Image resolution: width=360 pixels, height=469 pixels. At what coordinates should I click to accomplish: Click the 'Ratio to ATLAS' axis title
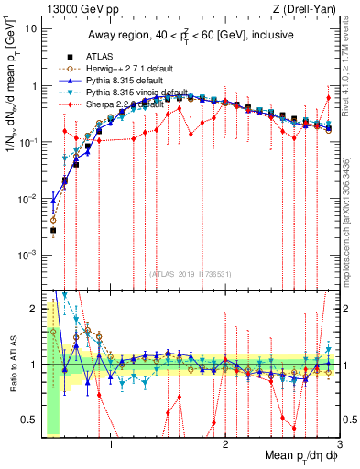pos(11,365)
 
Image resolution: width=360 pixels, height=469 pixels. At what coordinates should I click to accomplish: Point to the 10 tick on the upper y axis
pos(30,28)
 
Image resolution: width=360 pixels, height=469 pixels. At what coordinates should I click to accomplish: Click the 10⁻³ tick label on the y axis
pos(28,254)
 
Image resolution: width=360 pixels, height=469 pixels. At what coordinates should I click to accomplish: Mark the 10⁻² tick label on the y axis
pos(28,198)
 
